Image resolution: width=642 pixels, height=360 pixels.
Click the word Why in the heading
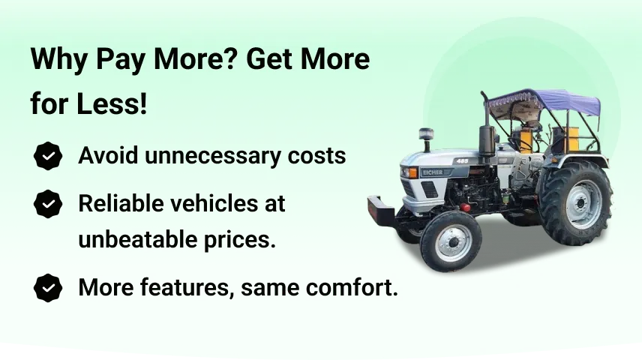(59, 59)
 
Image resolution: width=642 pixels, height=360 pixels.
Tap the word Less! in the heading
(111, 103)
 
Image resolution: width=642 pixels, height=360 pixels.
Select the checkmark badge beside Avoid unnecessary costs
(48, 156)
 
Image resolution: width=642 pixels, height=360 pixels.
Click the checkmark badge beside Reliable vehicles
(48, 204)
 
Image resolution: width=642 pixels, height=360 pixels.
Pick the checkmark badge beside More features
(48, 288)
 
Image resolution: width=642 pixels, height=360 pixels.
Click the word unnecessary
(212, 157)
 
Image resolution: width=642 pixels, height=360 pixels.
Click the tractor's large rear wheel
(576, 202)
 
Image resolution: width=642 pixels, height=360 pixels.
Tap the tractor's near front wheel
(451, 241)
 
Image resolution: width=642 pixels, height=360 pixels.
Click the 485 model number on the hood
(462, 161)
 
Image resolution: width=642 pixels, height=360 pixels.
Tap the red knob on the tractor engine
(465, 207)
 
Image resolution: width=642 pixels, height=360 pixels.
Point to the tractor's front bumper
(382, 211)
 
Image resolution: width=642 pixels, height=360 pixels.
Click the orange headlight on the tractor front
(412, 172)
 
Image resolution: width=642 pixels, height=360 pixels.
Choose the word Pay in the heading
(120, 59)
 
